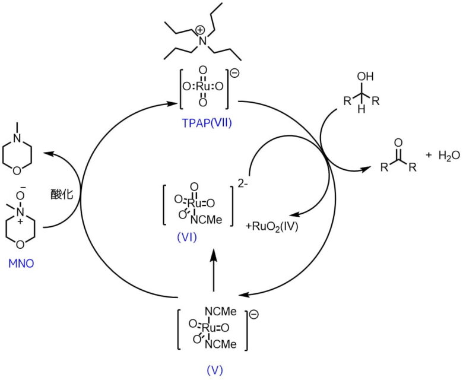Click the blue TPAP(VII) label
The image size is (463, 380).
(204, 126)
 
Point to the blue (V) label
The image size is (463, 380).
(215, 369)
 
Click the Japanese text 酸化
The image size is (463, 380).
(61, 194)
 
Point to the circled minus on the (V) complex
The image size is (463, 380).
(254, 314)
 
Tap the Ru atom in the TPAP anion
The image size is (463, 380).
(203, 87)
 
